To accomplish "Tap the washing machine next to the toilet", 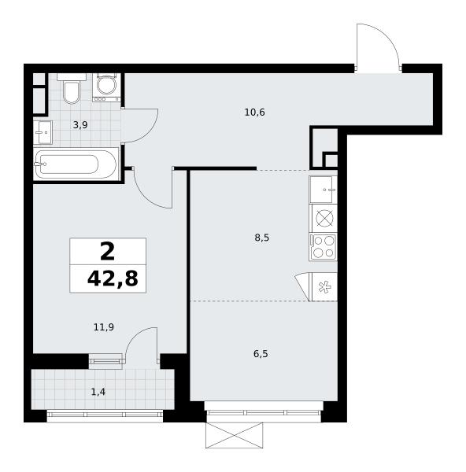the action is [106, 87].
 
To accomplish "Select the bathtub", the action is [76, 164].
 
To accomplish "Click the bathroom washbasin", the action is [43, 132].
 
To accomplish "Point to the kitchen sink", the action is [323, 190].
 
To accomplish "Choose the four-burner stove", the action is [323, 247].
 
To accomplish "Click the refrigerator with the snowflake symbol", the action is [324, 286].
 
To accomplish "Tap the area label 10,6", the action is [254, 112].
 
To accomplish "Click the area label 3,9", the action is [80, 124].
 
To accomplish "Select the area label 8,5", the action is [262, 238].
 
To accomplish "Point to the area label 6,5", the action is [261, 354].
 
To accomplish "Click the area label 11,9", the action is [104, 327].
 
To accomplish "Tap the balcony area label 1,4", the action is [98, 392].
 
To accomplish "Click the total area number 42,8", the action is [113, 278].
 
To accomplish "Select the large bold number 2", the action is [108, 252].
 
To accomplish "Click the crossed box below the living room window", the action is [234, 435].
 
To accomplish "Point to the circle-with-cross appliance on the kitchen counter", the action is [323, 218].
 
